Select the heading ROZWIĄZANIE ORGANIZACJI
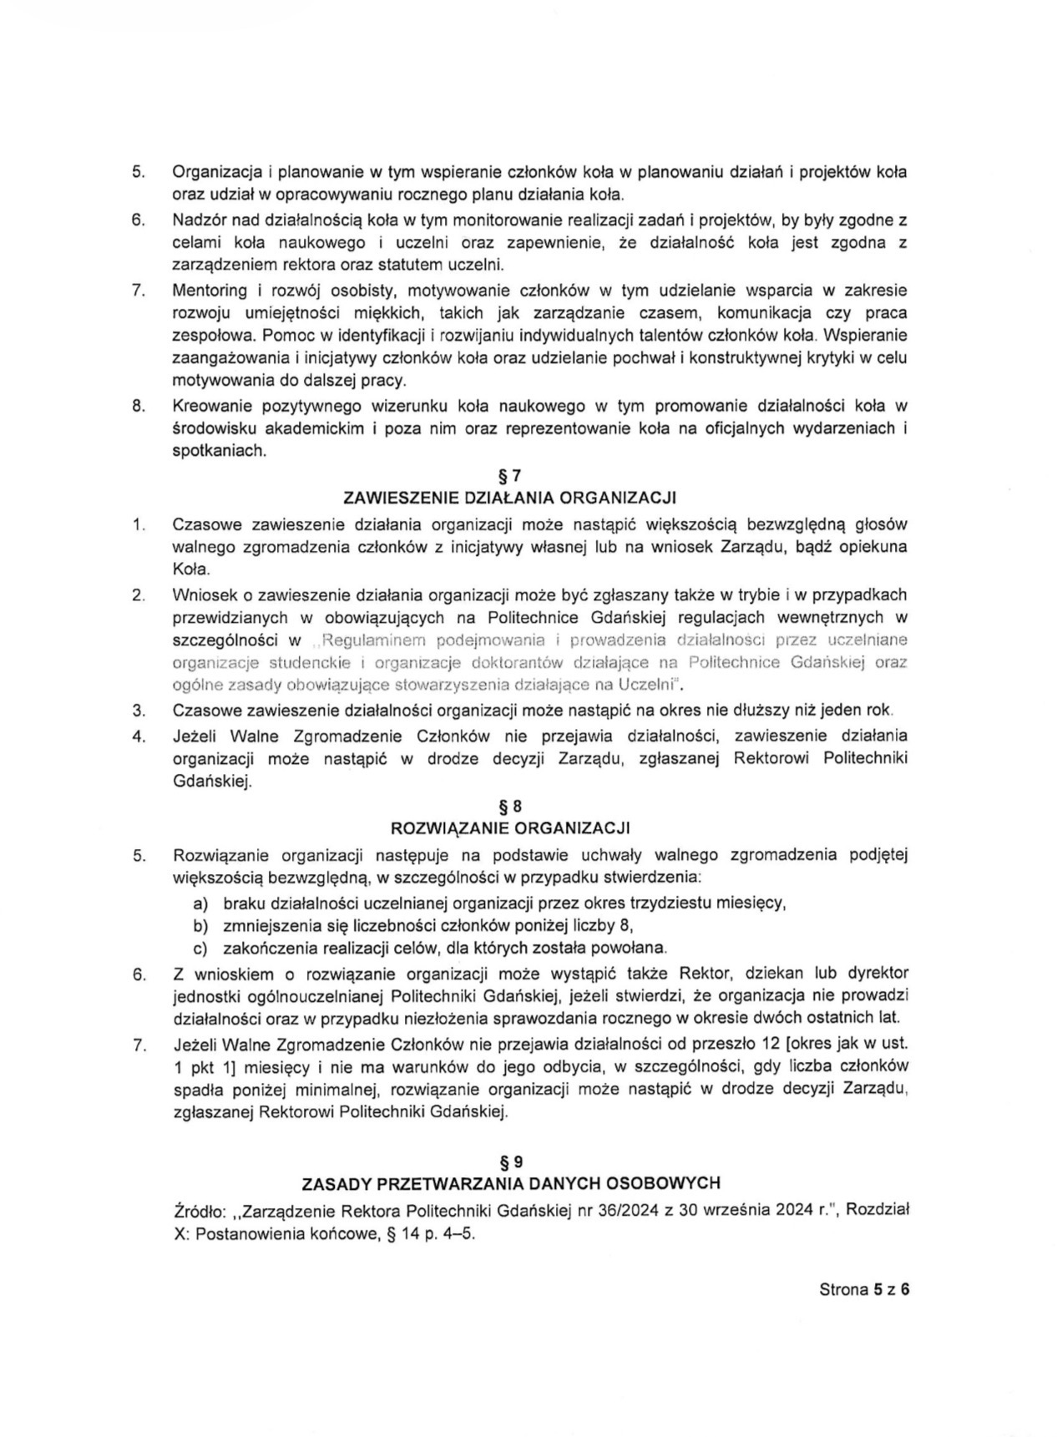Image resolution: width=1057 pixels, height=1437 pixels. click(x=509, y=828)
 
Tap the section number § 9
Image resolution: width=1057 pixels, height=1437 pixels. click(x=509, y=1161)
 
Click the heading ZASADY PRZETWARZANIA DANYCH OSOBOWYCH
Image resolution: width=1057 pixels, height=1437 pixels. click(x=510, y=1184)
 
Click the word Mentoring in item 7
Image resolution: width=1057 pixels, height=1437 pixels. click(x=210, y=291)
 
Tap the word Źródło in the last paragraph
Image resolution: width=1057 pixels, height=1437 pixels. click(x=196, y=1211)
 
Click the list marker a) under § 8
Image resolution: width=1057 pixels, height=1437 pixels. click(x=200, y=903)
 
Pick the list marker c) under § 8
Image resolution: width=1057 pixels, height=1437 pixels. click(x=200, y=948)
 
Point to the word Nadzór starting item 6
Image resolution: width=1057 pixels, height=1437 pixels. click(x=198, y=220)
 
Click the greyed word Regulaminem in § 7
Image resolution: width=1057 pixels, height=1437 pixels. click(x=368, y=640)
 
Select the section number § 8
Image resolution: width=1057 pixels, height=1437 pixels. click(x=509, y=807)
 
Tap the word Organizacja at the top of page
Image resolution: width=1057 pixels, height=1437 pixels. click(x=215, y=173)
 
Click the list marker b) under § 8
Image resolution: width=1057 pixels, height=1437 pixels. click(x=200, y=925)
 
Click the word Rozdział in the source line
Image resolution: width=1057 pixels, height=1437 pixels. click(x=877, y=1211)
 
